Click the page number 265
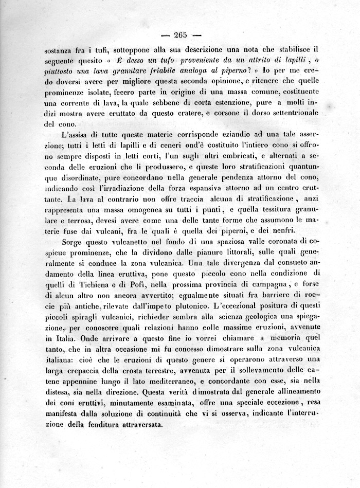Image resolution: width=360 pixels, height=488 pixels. (x=180, y=35)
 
